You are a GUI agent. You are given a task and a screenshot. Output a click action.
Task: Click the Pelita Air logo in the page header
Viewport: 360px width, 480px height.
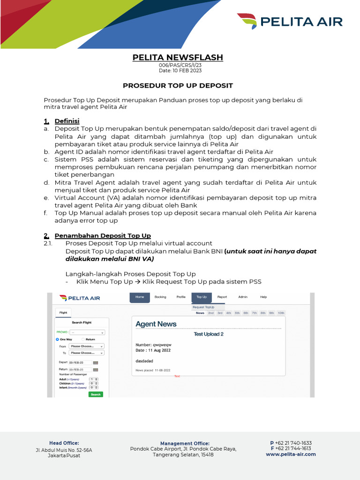tap(290, 22)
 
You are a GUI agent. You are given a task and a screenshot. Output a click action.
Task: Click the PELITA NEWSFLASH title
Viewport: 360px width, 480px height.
tap(178, 57)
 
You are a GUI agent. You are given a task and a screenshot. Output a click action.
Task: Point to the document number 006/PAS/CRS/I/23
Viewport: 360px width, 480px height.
tap(178, 66)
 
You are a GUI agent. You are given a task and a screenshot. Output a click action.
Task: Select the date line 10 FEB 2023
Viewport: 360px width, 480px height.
tap(178, 71)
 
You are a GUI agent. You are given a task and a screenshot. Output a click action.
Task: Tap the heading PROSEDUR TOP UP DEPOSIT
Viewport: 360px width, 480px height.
tap(178, 86)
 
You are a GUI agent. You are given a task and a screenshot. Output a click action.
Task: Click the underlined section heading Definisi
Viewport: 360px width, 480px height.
tap(67, 121)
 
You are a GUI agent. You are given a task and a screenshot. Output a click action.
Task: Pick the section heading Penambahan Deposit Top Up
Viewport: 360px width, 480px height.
tap(103, 235)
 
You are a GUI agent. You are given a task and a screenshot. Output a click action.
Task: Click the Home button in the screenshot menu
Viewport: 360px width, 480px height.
tap(140, 297)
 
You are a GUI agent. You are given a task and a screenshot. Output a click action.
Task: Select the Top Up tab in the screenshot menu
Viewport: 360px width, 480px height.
tap(202, 297)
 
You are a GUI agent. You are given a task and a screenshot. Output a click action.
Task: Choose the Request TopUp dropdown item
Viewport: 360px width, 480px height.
tap(203, 307)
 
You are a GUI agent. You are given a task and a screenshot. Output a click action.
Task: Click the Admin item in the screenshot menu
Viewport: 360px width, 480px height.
tap(243, 297)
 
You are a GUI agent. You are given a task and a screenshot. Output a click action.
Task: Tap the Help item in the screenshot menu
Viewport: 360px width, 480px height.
tap(263, 297)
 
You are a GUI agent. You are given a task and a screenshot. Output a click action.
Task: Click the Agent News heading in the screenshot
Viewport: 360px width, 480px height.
tap(156, 324)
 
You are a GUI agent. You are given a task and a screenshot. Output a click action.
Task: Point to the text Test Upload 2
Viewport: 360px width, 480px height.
tap(209, 334)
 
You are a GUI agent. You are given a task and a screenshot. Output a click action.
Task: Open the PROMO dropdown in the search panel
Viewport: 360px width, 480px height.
tap(87, 332)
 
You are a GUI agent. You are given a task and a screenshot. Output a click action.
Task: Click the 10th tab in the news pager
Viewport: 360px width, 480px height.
tap(281, 313)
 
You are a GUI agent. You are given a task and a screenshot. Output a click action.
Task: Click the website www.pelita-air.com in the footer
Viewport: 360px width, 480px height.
tap(291, 454)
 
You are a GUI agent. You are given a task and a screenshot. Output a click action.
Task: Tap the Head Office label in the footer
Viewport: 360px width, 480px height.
tap(64, 443)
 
